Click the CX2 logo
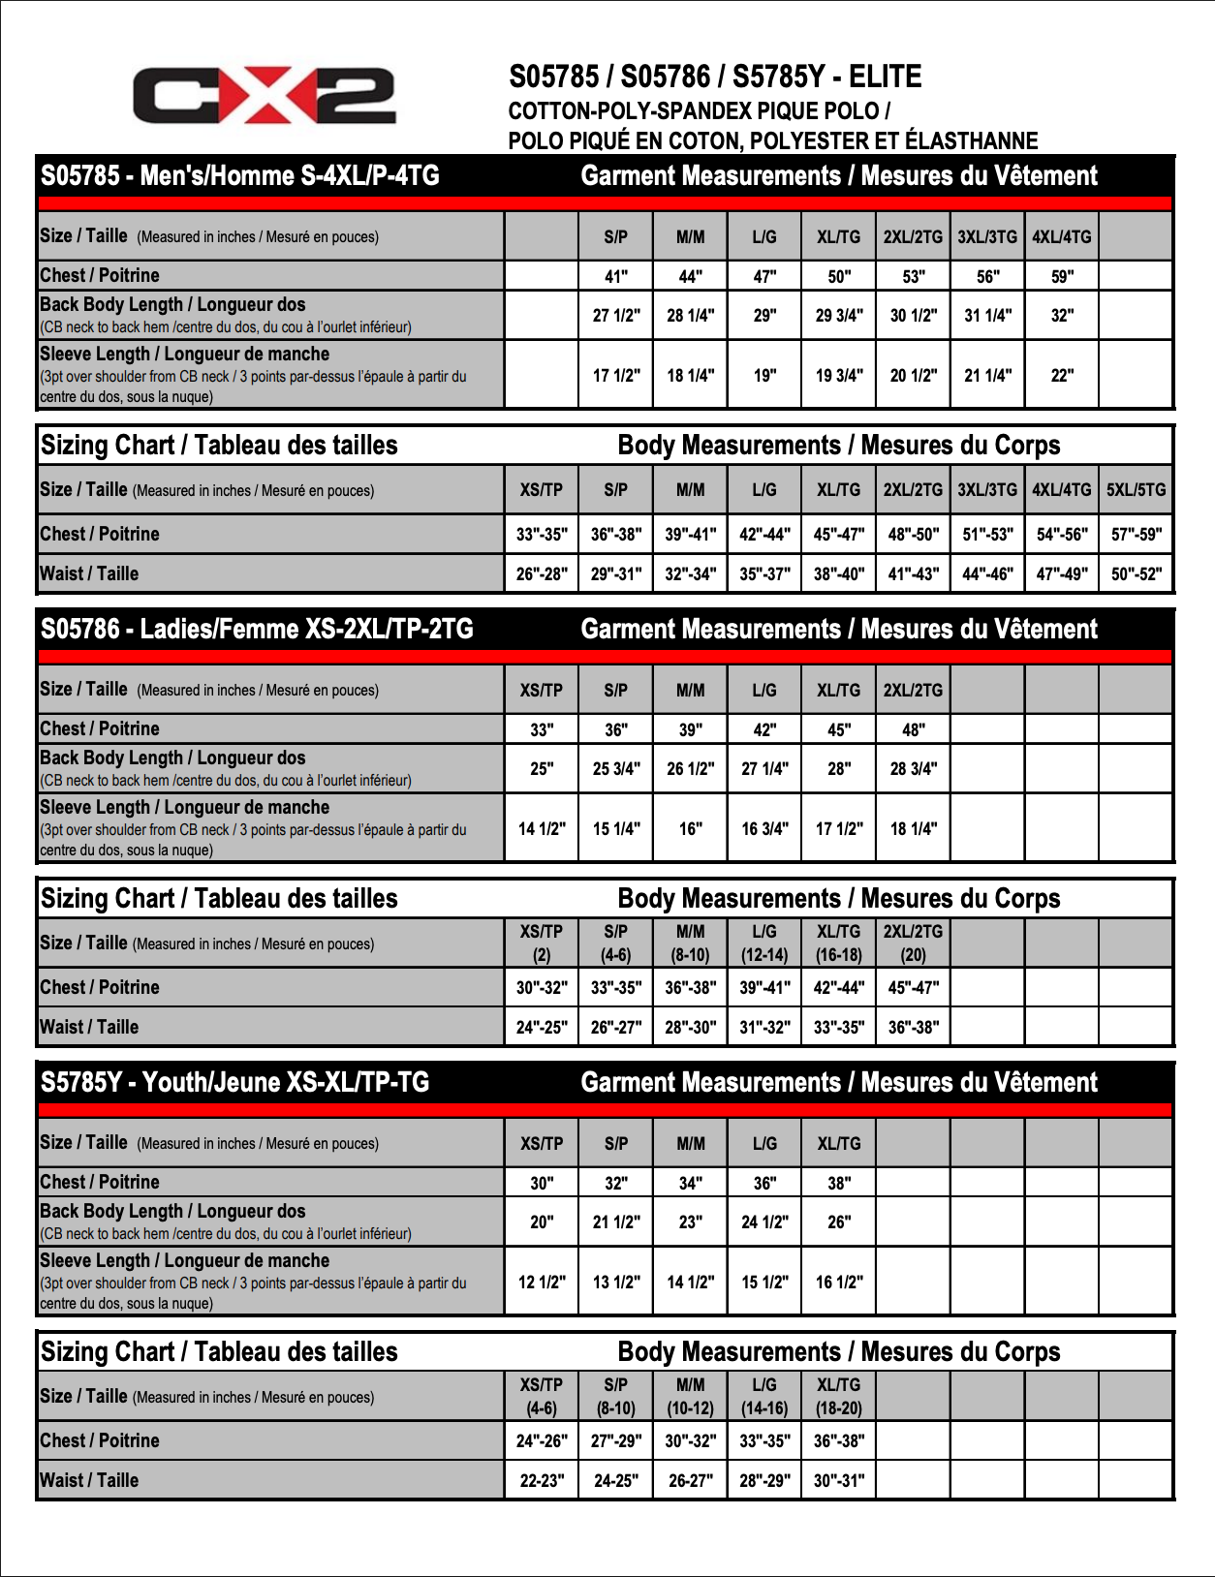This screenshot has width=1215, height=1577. pyautogui.click(x=264, y=95)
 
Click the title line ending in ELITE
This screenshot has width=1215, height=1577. pyautogui.click(x=715, y=77)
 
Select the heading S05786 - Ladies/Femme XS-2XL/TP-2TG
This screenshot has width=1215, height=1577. pyautogui.click(x=257, y=630)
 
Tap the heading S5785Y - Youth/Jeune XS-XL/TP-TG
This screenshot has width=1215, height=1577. pyautogui.click(x=234, y=1083)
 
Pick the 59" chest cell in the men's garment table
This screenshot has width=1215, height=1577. pyautogui.click(x=1062, y=276)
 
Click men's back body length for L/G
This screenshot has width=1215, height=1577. pyautogui.click(x=764, y=316)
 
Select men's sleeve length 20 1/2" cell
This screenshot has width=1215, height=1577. pyautogui.click(x=913, y=375)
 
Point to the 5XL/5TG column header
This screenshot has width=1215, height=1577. pyautogui.click(x=1136, y=490)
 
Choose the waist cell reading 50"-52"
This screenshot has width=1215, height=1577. pyautogui.click(x=1136, y=573)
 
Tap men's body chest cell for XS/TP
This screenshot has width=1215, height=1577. pyautogui.click(x=542, y=534)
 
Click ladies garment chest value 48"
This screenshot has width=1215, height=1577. pyautogui.click(x=913, y=729)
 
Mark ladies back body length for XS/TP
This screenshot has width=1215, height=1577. pyautogui.click(x=542, y=769)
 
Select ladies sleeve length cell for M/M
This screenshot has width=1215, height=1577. pyautogui.click(x=690, y=828)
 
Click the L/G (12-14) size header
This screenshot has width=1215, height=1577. pyautogui.click(x=764, y=943)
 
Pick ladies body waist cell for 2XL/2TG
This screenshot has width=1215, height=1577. pyautogui.click(x=913, y=1027)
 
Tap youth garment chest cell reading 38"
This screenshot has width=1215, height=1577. pyautogui.click(x=839, y=1183)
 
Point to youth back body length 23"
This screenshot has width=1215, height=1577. pyautogui.click(x=690, y=1222)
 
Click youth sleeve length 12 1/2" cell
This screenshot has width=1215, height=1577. pyautogui.click(x=542, y=1282)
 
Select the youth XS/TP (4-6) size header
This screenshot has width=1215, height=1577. pyautogui.click(x=542, y=1396)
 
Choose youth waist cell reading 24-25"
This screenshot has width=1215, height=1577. pyautogui.click(x=616, y=1480)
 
